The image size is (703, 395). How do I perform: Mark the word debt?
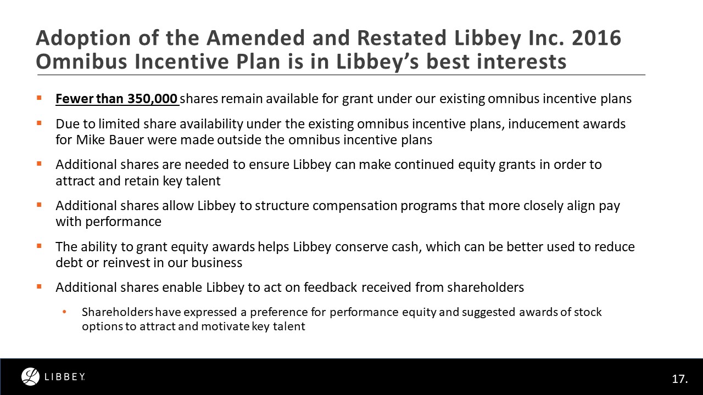pyautogui.click(x=68, y=263)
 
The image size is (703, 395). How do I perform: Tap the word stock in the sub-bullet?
pyautogui.click(x=588, y=312)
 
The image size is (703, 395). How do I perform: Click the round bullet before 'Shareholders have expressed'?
pyautogui.click(x=64, y=312)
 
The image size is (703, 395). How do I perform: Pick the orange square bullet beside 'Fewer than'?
pyautogui.click(x=39, y=98)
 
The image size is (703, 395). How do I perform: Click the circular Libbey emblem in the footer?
pyautogui.click(x=30, y=376)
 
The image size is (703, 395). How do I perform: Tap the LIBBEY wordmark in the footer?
pyautogui.click(x=64, y=377)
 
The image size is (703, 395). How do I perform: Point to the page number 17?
pyautogui.click(x=679, y=379)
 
